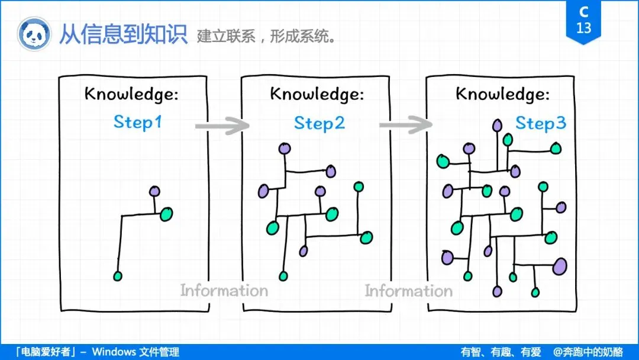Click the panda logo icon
[33, 34]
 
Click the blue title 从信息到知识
[122, 35]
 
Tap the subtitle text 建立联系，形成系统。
[267, 37]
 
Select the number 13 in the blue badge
[583, 28]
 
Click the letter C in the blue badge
[584, 12]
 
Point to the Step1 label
[137, 122]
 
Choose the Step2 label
[319, 123]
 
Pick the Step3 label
[541, 123]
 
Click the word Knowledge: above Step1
[131, 94]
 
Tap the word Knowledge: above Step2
[317, 94]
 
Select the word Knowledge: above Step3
[502, 94]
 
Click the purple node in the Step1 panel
[154, 191]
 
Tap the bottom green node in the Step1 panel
[117, 276]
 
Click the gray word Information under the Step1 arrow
[224, 290]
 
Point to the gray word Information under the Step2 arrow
[408, 291]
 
